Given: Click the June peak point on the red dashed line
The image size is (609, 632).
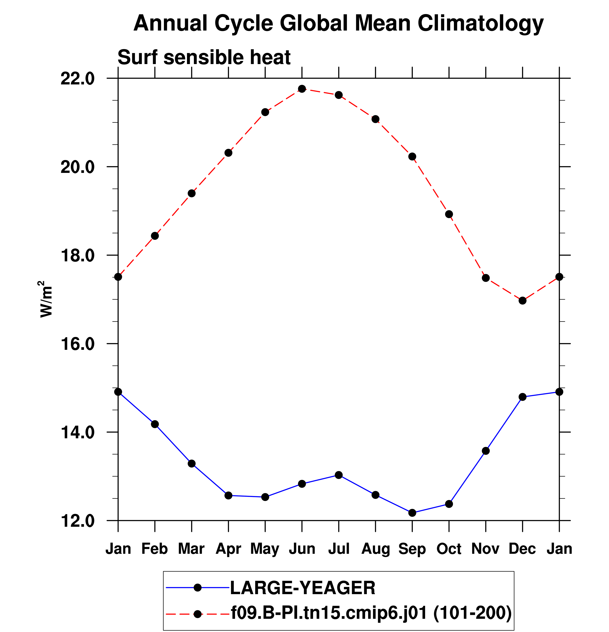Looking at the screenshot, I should (302, 89).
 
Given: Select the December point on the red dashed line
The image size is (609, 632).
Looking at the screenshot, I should (522, 301).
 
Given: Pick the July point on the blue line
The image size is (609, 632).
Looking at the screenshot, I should (339, 475).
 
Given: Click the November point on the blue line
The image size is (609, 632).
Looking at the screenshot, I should (486, 451).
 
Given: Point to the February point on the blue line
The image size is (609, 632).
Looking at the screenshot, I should (155, 424).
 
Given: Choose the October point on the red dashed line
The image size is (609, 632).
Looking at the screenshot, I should (449, 214).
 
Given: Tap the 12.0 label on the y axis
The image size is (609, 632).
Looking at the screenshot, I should (78, 521).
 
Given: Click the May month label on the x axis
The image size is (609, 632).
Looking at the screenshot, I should (265, 549).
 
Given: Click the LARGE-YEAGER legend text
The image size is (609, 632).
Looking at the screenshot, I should (303, 588).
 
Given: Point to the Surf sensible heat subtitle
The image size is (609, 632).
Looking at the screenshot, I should (204, 57).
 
